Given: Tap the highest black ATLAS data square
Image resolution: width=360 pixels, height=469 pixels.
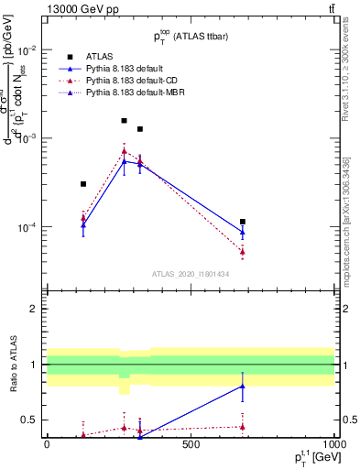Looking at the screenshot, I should (125, 120).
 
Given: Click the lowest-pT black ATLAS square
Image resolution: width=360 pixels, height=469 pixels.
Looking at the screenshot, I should (83, 184).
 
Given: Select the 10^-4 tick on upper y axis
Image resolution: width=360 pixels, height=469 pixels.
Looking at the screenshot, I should (27, 227).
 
